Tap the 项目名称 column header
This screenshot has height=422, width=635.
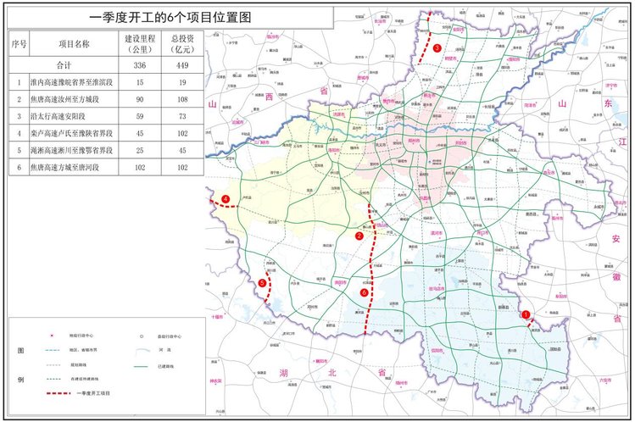tap(74, 43)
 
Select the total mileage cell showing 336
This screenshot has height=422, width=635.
tap(138, 65)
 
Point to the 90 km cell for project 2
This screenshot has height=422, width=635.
tap(138, 100)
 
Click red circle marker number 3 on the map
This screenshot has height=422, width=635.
tap(437, 48)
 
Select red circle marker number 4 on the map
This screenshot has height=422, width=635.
tap(226, 200)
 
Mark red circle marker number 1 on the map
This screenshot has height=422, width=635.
tap(526, 314)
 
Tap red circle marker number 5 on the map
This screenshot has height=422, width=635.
tap(263, 282)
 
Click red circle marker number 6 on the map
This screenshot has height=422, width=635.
tap(364, 292)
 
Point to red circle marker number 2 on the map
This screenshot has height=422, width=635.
tap(359, 236)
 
